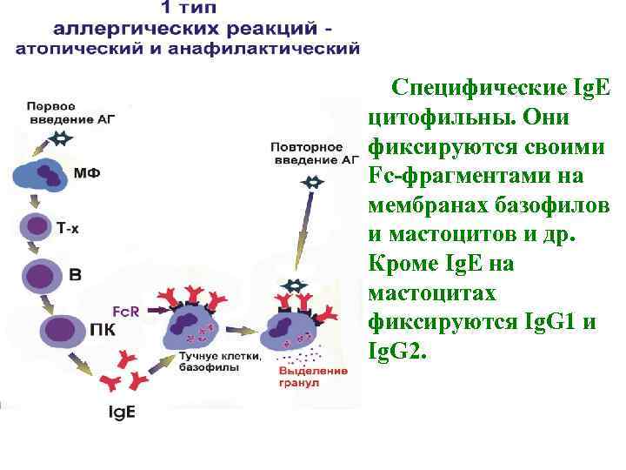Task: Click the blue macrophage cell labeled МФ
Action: click(x=45, y=174)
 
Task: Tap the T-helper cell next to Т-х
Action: click(x=37, y=226)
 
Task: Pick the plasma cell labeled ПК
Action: click(x=59, y=331)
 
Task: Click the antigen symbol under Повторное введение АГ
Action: click(x=313, y=181)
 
